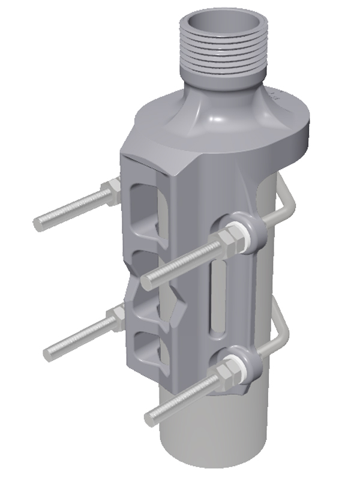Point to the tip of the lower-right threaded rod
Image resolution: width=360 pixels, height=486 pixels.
[150, 413]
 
